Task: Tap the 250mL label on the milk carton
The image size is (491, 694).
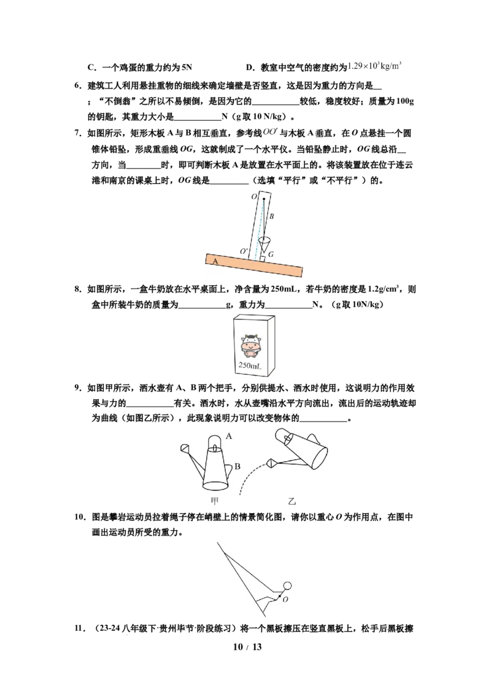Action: tap(250, 365)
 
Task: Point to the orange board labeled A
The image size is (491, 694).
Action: tap(254, 265)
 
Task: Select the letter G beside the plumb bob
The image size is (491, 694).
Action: tap(271, 254)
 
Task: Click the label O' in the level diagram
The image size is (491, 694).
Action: tap(244, 251)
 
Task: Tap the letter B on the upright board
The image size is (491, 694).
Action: tap(272, 216)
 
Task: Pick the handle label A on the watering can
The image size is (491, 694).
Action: tap(229, 436)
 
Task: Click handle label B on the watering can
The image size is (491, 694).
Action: tap(238, 466)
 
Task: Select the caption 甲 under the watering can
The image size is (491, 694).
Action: tap(215, 501)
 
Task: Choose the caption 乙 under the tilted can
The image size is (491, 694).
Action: tap(292, 501)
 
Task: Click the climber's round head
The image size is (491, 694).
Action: tap(287, 587)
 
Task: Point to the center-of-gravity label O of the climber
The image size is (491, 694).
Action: tap(285, 600)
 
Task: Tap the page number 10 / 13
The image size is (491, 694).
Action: tap(247, 647)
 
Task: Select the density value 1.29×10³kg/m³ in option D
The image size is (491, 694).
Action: tap(374, 66)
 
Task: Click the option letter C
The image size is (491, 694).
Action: tap(91, 67)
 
